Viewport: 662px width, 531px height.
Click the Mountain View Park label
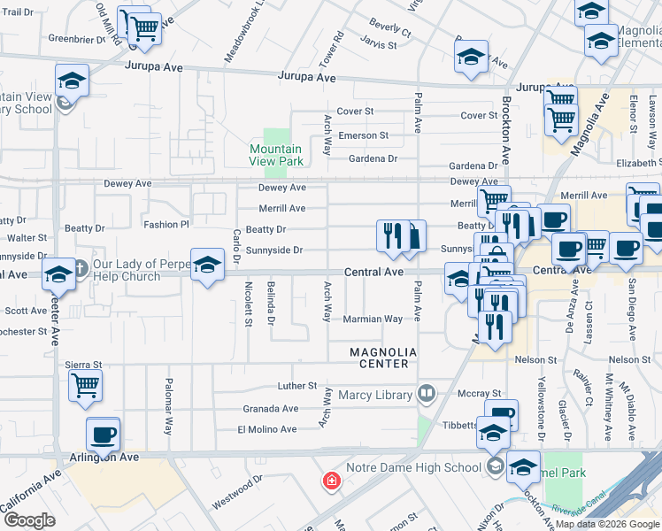pyautogui.click(x=276, y=155)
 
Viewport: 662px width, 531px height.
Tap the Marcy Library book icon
pyautogui.click(x=427, y=393)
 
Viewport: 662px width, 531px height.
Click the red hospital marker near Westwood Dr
pyautogui.click(x=331, y=481)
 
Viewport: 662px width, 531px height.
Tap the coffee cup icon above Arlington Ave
pyautogui.click(x=104, y=434)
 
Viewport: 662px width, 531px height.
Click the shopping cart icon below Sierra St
pyautogui.click(x=84, y=385)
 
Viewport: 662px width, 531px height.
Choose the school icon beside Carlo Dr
pyautogui.click(x=207, y=265)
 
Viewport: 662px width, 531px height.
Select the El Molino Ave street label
pyautogui.click(x=266, y=429)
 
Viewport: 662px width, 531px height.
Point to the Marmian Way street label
pyautogui.click(x=373, y=319)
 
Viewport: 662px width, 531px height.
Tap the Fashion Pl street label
pyautogui.click(x=167, y=225)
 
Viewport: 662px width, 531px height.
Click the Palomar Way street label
pyautogui.click(x=167, y=406)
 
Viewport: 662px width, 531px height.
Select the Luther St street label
pyautogui.click(x=296, y=386)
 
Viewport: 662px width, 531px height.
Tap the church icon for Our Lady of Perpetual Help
pyautogui.click(x=79, y=268)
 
